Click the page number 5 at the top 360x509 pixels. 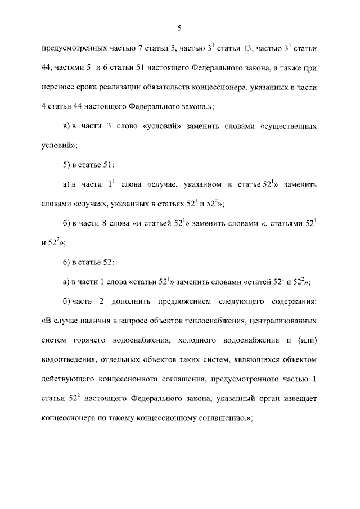pyautogui.click(x=179, y=28)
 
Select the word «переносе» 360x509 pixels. pyautogui.click(x=58, y=88)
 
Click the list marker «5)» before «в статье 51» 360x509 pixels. pyautogui.click(x=68, y=166)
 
